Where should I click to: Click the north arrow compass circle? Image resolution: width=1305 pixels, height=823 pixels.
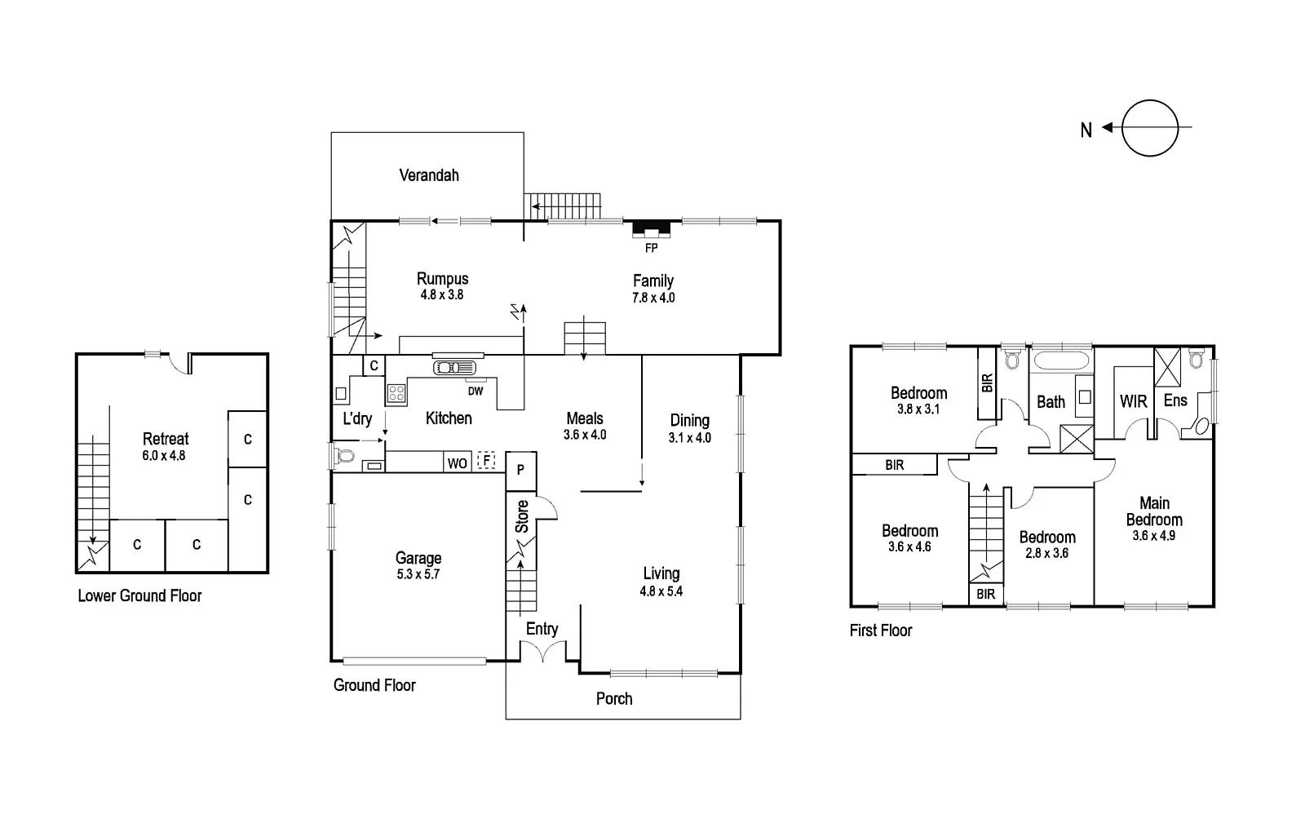tap(1150, 128)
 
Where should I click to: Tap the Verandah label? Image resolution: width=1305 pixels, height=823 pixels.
tap(429, 175)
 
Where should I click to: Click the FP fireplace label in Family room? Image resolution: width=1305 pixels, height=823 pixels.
tap(651, 248)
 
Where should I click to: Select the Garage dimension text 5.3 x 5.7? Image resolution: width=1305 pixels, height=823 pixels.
tap(418, 574)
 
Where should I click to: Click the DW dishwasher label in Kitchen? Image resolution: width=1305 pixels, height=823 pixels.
tap(476, 392)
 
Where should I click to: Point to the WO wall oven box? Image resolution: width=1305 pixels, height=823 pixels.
tap(457, 462)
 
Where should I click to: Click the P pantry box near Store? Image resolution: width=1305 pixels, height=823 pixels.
tap(520, 471)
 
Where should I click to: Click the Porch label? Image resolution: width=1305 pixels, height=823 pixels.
tap(614, 699)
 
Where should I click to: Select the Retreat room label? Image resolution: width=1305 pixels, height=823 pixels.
tap(166, 439)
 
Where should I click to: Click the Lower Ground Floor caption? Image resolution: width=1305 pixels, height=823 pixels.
tap(139, 596)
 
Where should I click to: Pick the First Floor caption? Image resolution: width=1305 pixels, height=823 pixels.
tap(881, 631)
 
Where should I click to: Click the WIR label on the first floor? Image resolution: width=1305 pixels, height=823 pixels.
tap(1133, 401)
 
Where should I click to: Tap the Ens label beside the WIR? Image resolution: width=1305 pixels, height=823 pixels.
tap(1175, 400)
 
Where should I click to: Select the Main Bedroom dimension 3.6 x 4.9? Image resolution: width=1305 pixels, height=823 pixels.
tap(1153, 536)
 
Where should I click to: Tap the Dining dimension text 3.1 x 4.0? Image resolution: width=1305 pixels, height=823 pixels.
tap(690, 438)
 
